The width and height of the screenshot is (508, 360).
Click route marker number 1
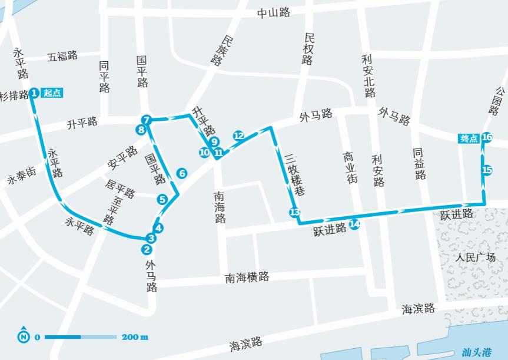(x=34, y=93)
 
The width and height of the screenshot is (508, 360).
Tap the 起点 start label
(x=52, y=93)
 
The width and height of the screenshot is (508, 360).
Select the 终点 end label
(x=469, y=138)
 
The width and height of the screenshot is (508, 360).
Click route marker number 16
(x=487, y=138)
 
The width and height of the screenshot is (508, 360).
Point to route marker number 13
(x=294, y=212)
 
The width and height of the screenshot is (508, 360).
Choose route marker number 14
(x=354, y=224)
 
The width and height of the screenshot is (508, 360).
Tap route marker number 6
(x=182, y=173)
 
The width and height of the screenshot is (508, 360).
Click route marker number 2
(x=147, y=249)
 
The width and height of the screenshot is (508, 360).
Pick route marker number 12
(x=238, y=136)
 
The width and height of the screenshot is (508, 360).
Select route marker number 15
(x=487, y=170)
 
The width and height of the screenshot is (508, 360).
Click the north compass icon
(x=23, y=337)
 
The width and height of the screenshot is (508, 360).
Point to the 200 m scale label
(x=135, y=337)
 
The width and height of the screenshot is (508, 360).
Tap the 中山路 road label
(x=274, y=13)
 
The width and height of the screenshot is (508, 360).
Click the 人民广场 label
(x=476, y=257)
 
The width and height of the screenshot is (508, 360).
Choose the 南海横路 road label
(x=247, y=277)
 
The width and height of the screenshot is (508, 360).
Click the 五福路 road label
(x=63, y=56)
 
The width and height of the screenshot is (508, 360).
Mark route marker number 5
(x=162, y=199)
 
